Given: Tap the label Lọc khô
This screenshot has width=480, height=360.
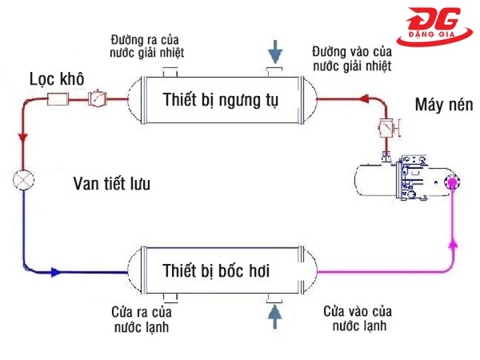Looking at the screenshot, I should (57, 78).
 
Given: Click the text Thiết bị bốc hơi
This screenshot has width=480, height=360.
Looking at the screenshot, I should (217, 271).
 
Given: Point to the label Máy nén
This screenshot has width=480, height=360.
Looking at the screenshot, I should (443, 105).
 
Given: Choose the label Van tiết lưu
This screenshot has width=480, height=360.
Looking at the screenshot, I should (111, 184).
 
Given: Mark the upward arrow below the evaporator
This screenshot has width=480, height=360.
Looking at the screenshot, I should (273, 316).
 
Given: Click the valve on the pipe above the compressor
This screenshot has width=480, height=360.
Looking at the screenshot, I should (386, 126).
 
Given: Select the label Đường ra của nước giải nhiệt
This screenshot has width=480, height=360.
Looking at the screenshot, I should (148, 46).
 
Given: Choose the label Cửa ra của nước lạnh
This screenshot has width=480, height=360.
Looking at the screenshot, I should (143, 319).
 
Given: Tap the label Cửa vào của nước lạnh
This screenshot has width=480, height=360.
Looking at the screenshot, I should (357, 319).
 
